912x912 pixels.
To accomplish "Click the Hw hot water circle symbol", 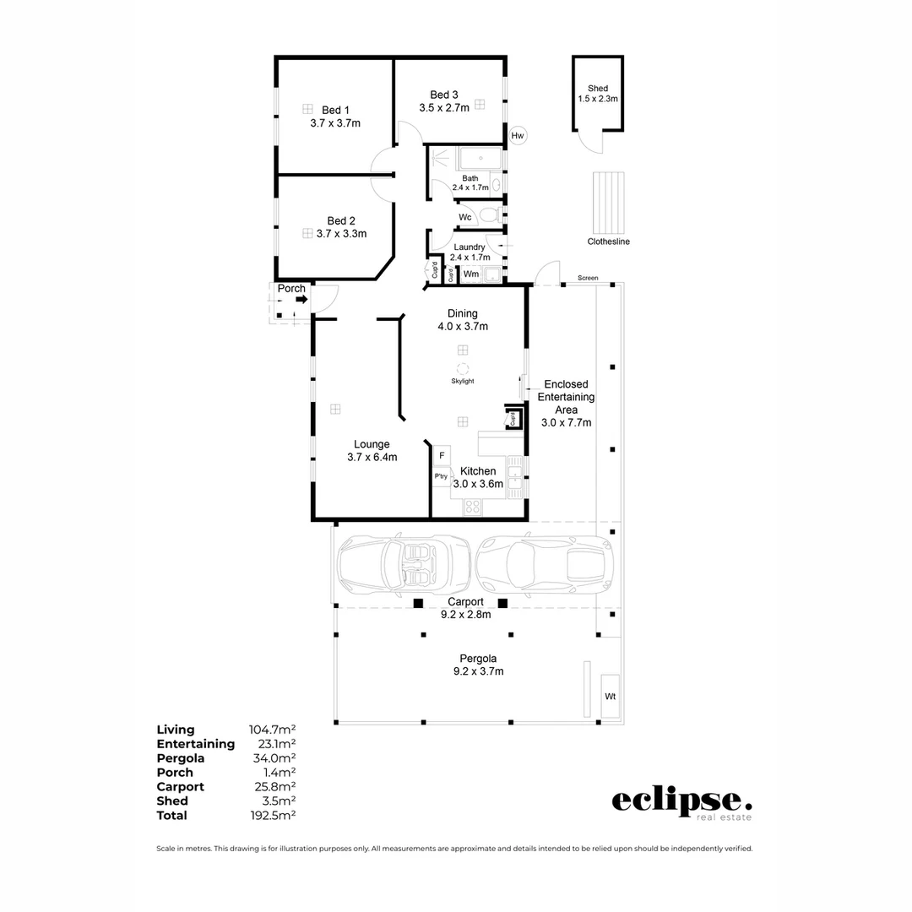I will coord(518,135).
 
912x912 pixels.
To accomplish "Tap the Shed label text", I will coord(598,88).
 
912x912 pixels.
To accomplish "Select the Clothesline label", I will coord(608,242).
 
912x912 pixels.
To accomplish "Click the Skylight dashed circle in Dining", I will coord(463,368).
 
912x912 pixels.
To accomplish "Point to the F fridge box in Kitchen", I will coord(442,457).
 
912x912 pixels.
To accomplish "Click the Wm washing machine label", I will coord(471,274).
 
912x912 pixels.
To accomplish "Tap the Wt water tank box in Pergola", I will coord(610,696).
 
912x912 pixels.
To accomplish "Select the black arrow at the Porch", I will coord(301,299).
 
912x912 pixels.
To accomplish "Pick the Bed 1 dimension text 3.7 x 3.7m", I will coord(335,123).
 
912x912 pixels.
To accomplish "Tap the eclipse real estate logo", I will coord(681,802).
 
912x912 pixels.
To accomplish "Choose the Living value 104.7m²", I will coord(271,730).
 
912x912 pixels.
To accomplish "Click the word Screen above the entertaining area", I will coord(588,278).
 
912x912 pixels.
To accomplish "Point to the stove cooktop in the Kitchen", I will coord(473,507).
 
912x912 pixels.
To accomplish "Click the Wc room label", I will coord(465,217).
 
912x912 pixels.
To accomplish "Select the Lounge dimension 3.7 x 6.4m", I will coord(372,457).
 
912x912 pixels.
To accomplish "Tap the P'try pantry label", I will coord(441,477).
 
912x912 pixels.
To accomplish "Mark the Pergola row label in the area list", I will coord(181,758).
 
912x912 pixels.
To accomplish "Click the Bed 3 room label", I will coord(444,95).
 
